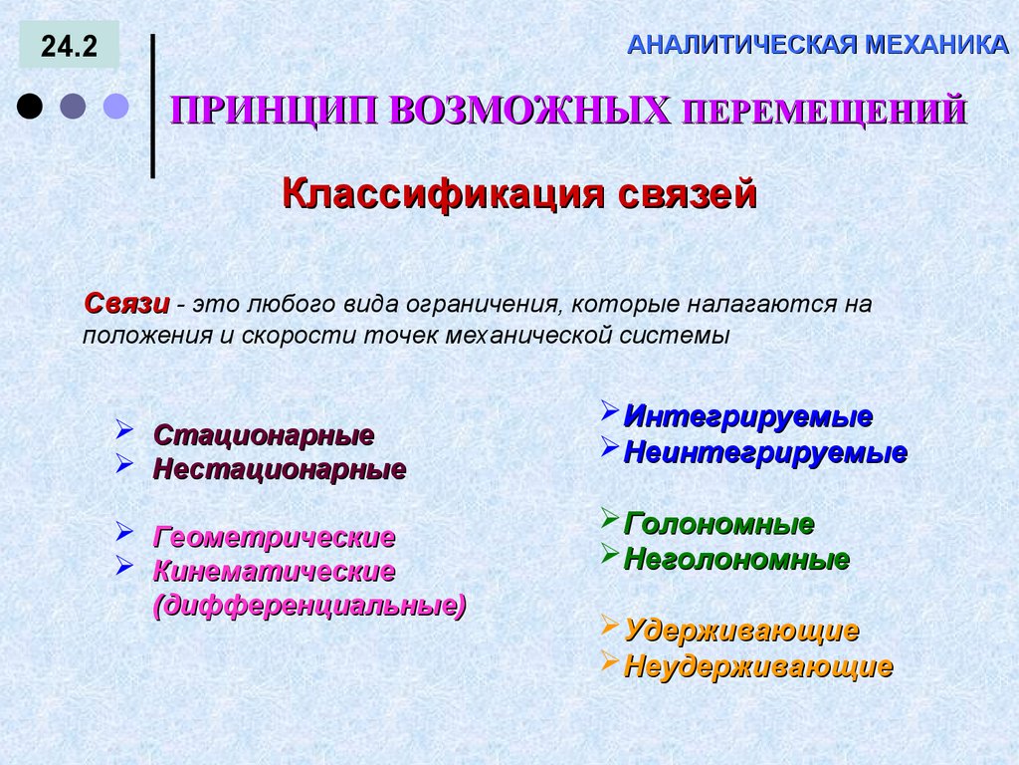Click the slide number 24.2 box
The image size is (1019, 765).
point(69,47)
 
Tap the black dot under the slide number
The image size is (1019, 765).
point(31,106)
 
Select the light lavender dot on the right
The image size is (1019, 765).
point(117,106)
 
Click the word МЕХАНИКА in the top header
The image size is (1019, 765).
point(934,44)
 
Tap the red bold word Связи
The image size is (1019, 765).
point(125,303)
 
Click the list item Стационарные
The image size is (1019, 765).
point(264,435)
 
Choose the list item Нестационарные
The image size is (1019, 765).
point(280,468)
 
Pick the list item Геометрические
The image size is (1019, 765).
point(275,538)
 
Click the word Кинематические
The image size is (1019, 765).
point(275,572)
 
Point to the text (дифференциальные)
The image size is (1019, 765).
point(308,605)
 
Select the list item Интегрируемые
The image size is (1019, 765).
point(748,416)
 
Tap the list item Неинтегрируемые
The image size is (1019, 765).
point(765,452)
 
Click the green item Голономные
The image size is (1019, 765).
point(719,523)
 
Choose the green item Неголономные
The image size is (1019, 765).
point(736,559)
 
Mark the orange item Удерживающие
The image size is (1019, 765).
point(741,631)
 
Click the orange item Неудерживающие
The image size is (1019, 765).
point(758,666)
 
